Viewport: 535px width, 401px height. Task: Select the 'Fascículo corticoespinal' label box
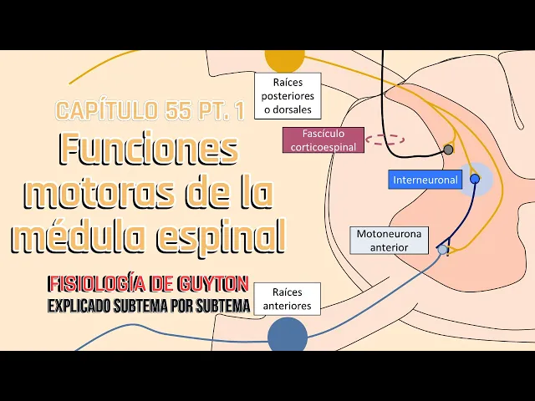[323, 140]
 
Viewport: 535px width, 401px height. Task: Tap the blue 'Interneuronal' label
[425, 180]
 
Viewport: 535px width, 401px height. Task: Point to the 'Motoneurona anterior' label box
[382, 241]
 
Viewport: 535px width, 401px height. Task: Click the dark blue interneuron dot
[475, 179]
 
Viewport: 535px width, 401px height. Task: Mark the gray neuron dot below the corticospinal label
[448, 150]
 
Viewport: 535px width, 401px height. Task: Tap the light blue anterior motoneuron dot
[442, 249]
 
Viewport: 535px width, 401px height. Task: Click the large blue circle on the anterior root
[287, 336]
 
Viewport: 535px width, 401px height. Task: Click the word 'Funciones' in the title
[148, 150]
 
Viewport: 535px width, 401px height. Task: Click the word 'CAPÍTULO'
[104, 110]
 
